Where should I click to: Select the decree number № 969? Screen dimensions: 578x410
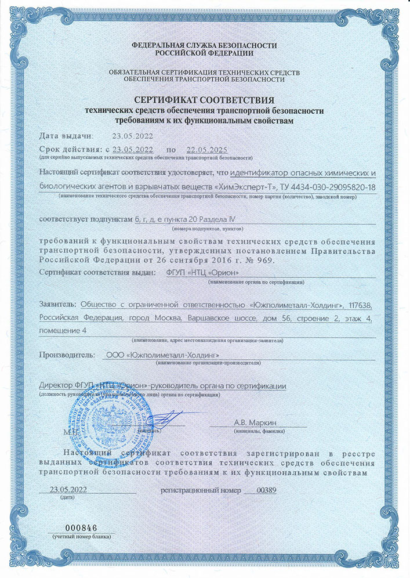click(x=257, y=260)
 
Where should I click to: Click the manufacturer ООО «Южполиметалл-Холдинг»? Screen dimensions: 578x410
click(x=164, y=355)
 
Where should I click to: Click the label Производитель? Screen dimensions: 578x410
click(x=66, y=355)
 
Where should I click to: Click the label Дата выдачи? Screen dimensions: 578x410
click(x=66, y=136)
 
